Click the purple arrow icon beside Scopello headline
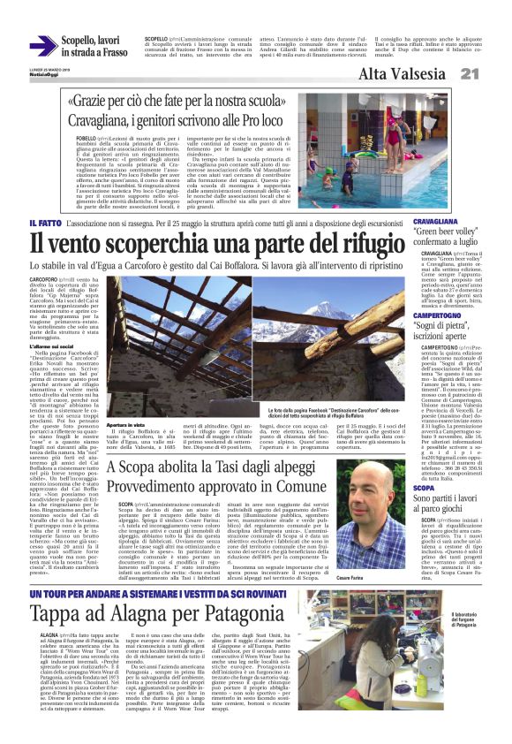(43, 47)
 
